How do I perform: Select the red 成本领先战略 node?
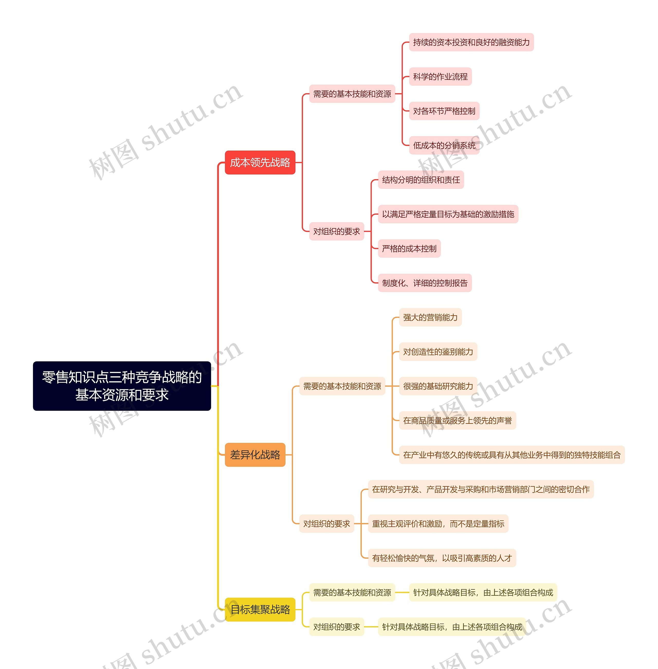click(260, 162)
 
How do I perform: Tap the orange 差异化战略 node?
click(255, 455)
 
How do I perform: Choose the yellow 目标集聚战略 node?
click(260, 610)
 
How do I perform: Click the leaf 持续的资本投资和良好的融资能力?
click(471, 42)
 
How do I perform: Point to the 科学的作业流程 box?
click(440, 77)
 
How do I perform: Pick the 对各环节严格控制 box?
click(444, 111)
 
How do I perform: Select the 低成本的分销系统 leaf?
click(444, 145)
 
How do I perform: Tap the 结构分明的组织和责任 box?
click(421, 180)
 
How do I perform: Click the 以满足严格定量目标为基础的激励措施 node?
click(448, 214)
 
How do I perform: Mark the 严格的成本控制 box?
click(409, 249)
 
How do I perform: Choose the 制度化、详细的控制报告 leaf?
click(425, 283)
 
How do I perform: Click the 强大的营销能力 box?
click(430, 317)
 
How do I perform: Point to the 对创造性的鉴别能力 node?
click(438, 352)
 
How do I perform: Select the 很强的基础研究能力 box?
click(438, 386)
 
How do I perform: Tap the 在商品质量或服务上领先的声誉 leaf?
click(457, 420)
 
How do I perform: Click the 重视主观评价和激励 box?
click(438, 524)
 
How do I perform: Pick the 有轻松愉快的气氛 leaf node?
click(442, 558)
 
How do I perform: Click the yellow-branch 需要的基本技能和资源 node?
click(352, 593)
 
